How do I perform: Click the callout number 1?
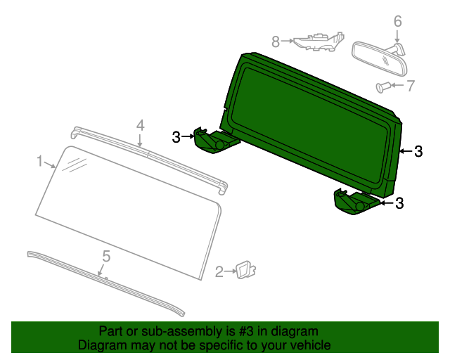[40, 162]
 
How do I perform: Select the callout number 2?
[219, 271]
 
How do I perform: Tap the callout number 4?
[141, 125]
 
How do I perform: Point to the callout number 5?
[106, 257]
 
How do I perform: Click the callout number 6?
[397, 22]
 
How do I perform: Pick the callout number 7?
[411, 86]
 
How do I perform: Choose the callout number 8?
[276, 41]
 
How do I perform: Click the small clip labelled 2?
[245, 269]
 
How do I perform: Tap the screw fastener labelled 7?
[383, 87]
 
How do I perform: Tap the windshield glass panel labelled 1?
[127, 211]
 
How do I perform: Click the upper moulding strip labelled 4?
[151, 156]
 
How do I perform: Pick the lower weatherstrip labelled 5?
[105, 281]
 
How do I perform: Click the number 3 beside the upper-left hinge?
[176, 136]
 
